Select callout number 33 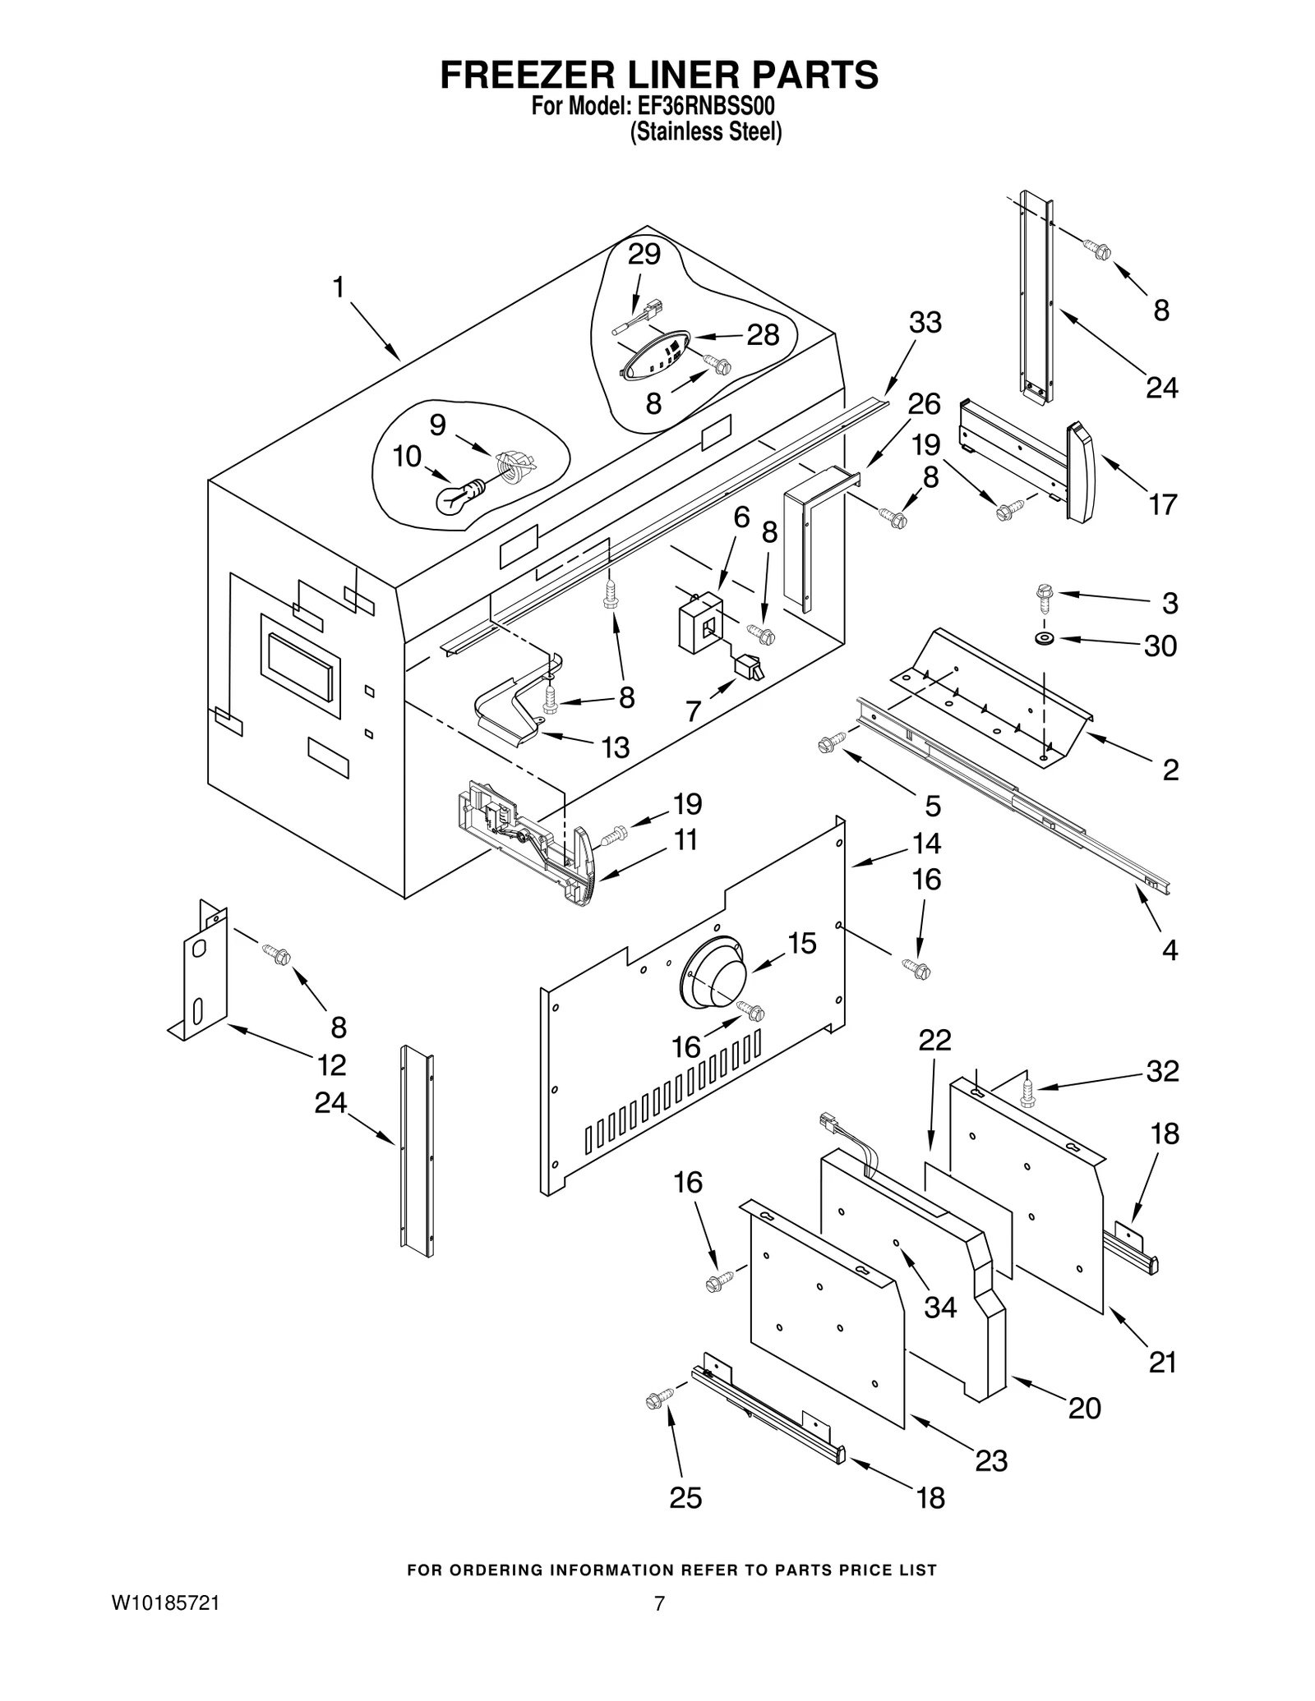(x=925, y=323)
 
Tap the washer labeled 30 (x=1045, y=638)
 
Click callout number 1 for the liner (x=338, y=287)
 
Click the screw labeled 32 (x=1027, y=1091)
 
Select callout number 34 (x=940, y=1307)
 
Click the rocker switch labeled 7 (x=750, y=666)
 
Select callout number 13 (x=615, y=747)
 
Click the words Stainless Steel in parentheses (x=705, y=132)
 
